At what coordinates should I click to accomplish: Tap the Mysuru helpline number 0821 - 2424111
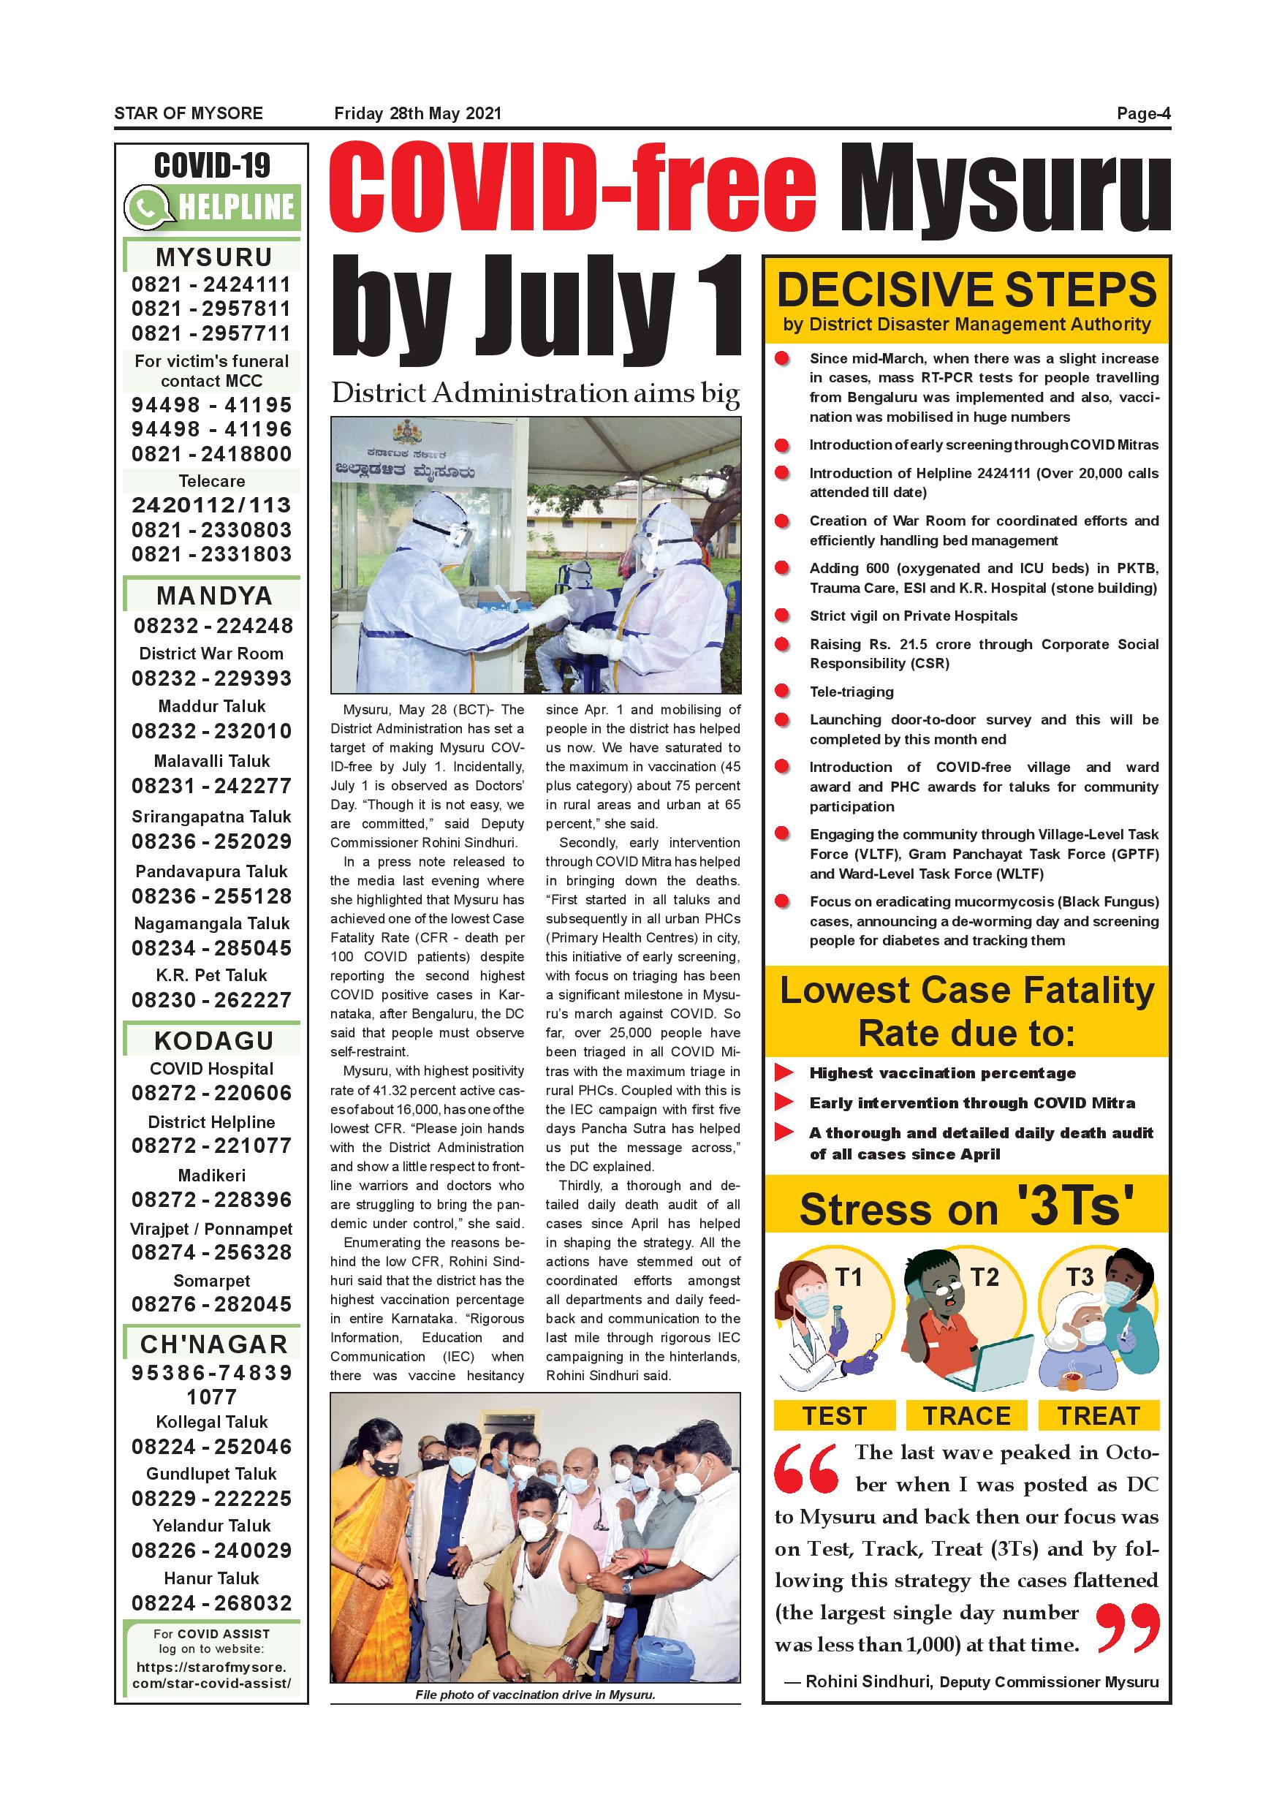pyautogui.click(x=211, y=284)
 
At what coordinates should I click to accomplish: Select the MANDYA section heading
pyautogui.click(x=213, y=595)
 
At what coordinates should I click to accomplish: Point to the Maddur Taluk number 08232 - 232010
pyautogui.click(x=211, y=731)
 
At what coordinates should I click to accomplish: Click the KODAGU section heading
pyautogui.click(x=213, y=1041)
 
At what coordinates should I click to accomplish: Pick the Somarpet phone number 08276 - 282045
pyautogui.click(x=211, y=1303)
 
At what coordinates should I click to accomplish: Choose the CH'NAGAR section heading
pyautogui.click(x=213, y=1344)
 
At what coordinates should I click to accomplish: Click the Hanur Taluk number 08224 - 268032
pyautogui.click(x=211, y=1603)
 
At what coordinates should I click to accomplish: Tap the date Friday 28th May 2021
pyautogui.click(x=417, y=114)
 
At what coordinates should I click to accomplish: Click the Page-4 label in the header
pyautogui.click(x=1143, y=114)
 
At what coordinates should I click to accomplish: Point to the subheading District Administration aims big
pyautogui.click(x=535, y=393)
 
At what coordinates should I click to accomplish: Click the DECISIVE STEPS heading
pyautogui.click(x=966, y=289)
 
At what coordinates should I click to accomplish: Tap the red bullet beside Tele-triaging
pyautogui.click(x=782, y=692)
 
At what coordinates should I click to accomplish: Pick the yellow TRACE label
pyautogui.click(x=966, y=1416)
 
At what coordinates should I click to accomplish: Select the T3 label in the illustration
pyautogui.click(x=1080, y=1277)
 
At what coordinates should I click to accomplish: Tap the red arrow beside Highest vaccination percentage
pyautogui.click(x=784, y=1072)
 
